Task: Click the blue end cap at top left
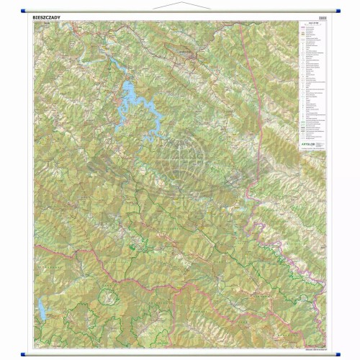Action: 26,13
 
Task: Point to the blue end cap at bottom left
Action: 26,353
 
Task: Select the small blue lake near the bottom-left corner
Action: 42,310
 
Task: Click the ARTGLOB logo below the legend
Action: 315,144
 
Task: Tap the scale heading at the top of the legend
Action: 312,27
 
